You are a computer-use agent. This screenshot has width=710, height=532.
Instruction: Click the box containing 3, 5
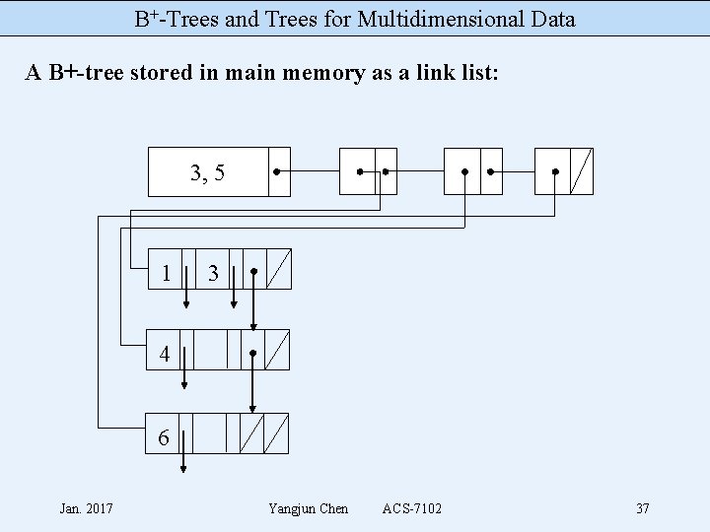coord(207,172)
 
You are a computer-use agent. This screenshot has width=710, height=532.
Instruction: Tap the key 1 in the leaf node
coord(169,273)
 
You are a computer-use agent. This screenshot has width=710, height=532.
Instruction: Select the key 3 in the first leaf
coord(213,273)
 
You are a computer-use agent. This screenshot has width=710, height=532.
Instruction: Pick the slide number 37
coord(642,508)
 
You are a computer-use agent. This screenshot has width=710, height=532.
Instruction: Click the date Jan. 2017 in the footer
coord(86,508)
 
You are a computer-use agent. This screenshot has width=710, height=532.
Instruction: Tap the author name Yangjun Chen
coord(308,508)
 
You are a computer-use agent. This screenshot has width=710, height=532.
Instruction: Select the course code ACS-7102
coord(412,508)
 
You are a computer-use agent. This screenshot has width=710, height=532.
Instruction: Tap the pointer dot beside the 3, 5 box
coord(277,172)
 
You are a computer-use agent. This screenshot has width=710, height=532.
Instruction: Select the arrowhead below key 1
coord(186,303)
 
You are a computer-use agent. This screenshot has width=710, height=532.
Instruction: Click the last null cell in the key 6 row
coord(277,432)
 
